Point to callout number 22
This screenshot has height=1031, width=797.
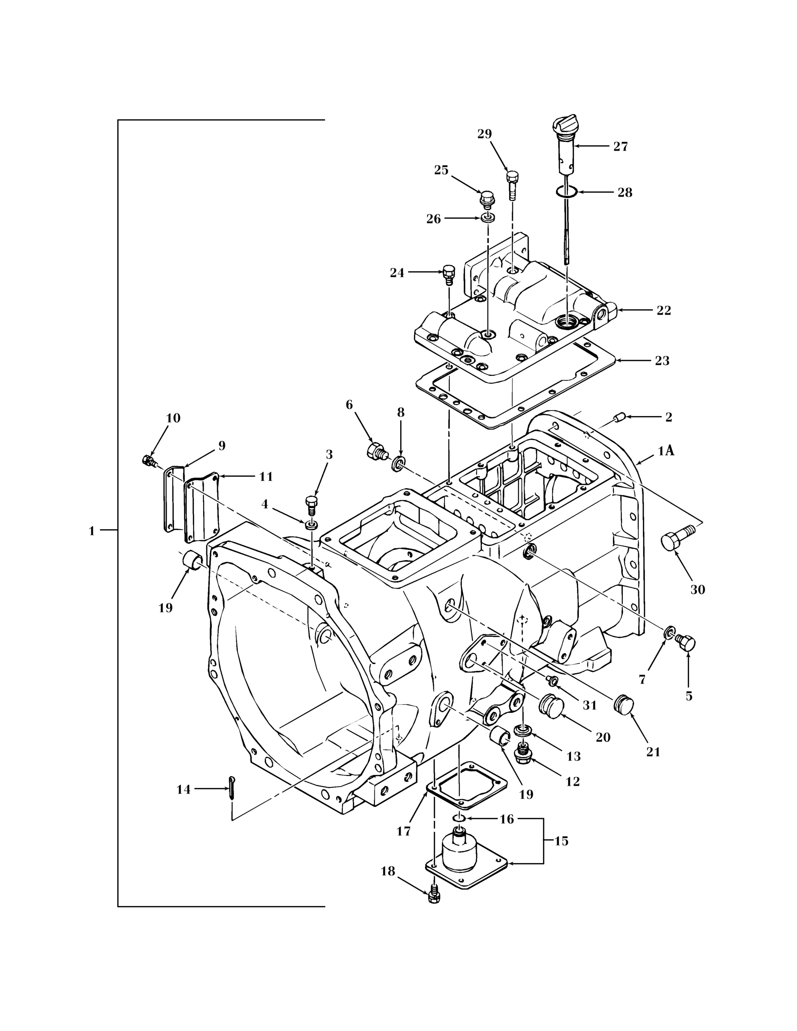(x=663, y=311)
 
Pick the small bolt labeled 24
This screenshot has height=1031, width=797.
(x=449, y=275)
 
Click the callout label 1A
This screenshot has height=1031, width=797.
(x=666, y=452)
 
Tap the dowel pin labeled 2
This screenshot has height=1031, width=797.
(x=619, y=417)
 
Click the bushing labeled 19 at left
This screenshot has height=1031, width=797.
(x=192, y=560)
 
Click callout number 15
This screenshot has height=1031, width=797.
(x=561, y=841)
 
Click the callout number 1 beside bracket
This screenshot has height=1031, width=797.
(x=92, y=531)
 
